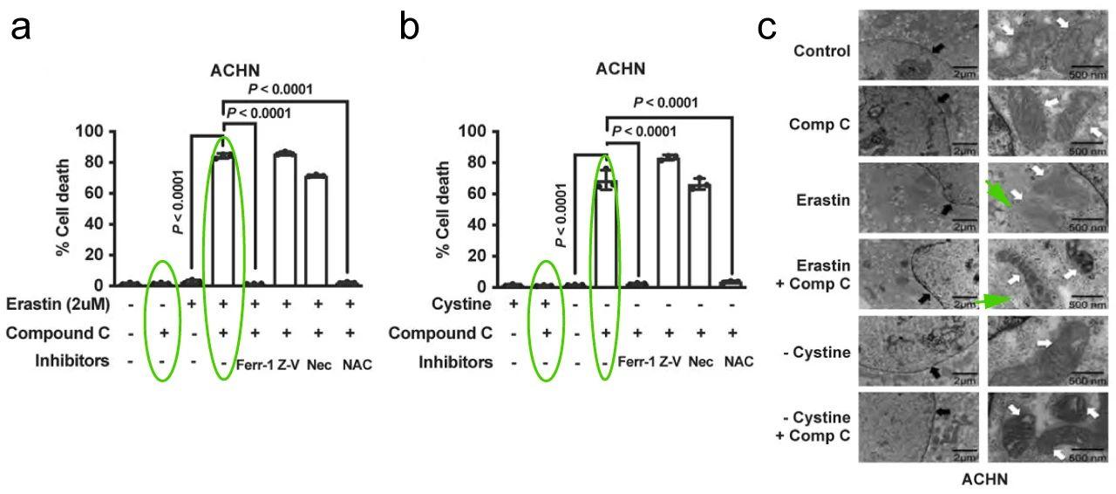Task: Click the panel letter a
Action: (x=22, y=29)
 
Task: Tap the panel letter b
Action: (x=409, y=29)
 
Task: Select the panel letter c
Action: (x=767, y=29)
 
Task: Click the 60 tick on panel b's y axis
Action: (x=477, y=193)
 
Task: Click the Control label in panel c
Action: (x=822, y=51)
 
